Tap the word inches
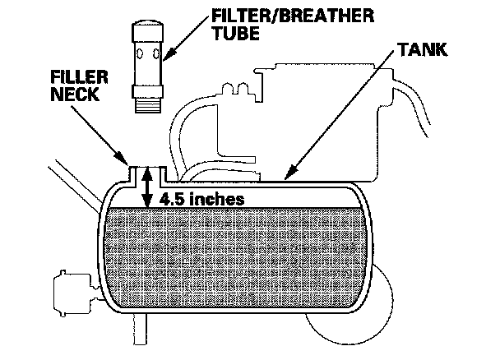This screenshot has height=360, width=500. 218,199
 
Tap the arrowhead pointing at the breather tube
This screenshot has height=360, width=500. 167,58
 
